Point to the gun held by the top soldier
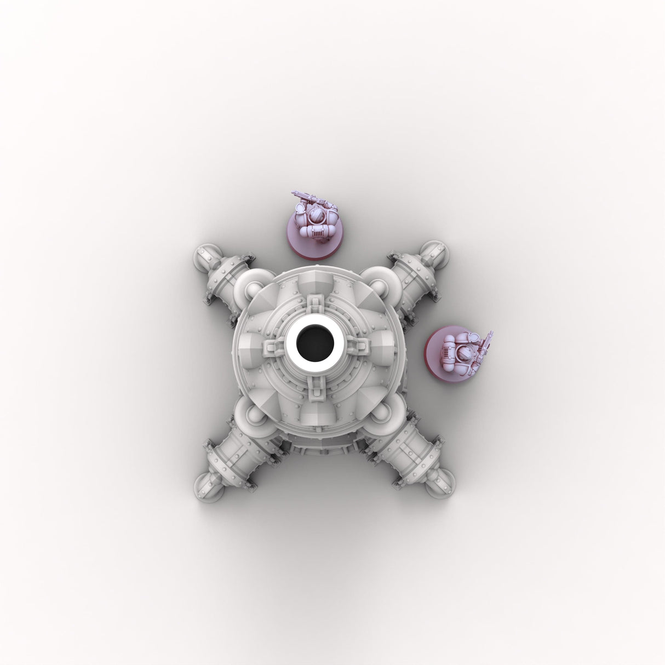coord(306,196)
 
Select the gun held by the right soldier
coord(486,345)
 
